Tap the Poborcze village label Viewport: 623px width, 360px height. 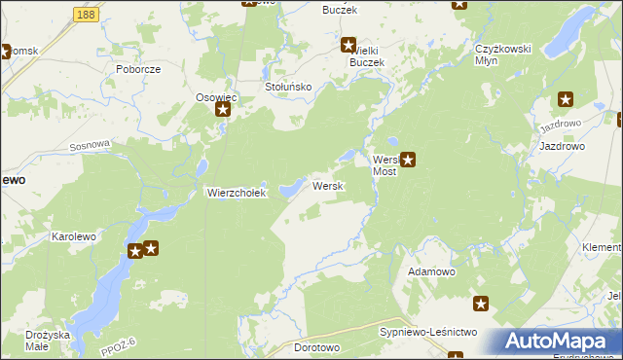[137, 70]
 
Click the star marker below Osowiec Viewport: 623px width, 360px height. [222, 111]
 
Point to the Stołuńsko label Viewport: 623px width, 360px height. [288, 87]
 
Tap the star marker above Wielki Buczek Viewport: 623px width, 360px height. [348, 44]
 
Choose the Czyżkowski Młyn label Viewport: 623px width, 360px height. [500, 54]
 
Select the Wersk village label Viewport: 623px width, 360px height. [325, 186]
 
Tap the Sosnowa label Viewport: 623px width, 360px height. [91, 145]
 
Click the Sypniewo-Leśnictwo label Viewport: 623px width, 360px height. [427, 332]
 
